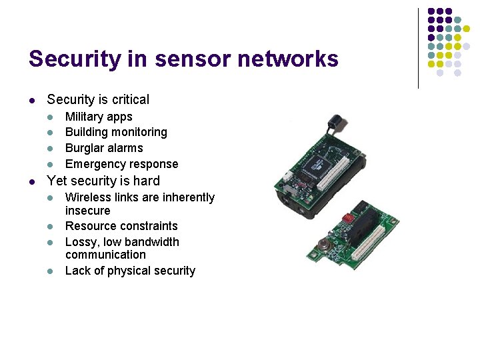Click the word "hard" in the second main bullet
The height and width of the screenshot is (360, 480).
145,181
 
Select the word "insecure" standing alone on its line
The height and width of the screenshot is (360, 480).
87,211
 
